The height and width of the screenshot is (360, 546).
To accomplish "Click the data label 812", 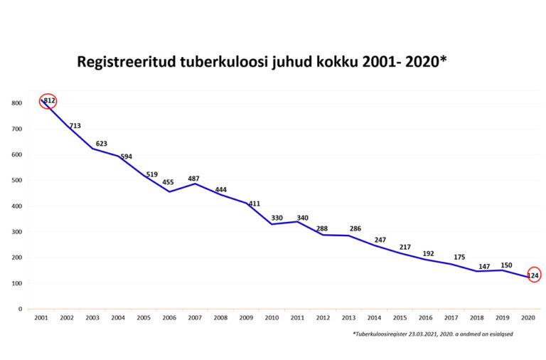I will coord(49,101).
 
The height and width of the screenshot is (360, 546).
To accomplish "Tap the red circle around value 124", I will coord(534,275).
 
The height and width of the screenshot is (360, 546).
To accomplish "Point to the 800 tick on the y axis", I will coord(16,103).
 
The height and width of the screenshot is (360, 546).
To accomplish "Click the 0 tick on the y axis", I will coord(20,309).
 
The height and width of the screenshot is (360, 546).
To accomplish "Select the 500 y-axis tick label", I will coord(16,180).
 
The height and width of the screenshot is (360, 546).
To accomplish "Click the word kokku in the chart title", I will coord(336,63).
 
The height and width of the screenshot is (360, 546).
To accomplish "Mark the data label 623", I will coord(101,144).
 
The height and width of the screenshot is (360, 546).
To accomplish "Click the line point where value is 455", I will coord(168,191).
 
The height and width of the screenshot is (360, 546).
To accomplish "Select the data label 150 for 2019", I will coord(506,265).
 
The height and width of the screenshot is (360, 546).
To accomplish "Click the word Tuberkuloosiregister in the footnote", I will coord(383,334).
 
